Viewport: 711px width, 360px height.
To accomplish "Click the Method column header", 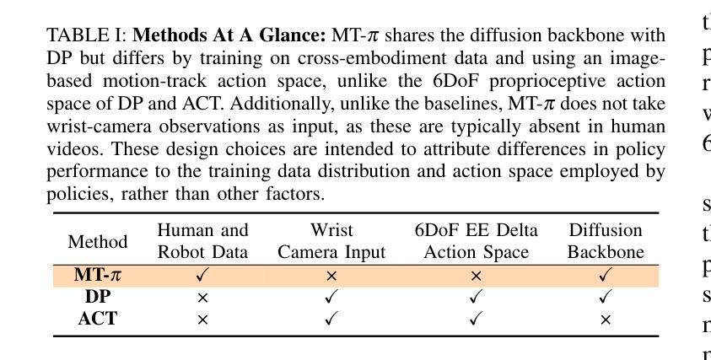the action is [x=98, y=242].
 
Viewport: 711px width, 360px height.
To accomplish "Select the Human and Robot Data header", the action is [x=202, y=241].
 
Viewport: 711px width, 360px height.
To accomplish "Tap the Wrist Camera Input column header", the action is [x=331, y=241].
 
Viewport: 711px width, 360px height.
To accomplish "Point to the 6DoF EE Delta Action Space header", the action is [x=476, y=241].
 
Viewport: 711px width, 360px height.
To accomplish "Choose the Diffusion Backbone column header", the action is [x=606, y=241].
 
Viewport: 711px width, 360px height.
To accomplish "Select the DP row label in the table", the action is [x=98, y=297].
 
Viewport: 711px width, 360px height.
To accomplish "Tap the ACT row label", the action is [x=98, y=319].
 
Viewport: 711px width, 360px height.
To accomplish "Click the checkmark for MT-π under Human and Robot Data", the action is [x=202, y=275].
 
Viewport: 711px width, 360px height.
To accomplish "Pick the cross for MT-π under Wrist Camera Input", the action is [x=331, y=276].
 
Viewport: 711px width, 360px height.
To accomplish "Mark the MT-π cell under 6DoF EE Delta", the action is [x=476, y=276].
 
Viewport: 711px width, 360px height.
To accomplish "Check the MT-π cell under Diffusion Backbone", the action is [x=606, y=275].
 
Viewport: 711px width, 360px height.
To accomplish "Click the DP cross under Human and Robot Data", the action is [x=202, y=298].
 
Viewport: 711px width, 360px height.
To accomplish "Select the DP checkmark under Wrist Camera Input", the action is [x=331, y=297].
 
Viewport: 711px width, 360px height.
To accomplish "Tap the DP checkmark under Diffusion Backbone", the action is [x=606, y=297].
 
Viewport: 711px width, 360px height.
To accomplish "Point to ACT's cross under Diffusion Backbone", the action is [x=606, y=320].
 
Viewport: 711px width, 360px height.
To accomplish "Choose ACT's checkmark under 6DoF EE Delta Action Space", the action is [x=476, y=319].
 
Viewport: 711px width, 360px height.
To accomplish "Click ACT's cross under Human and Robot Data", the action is [x=202, y=320].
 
